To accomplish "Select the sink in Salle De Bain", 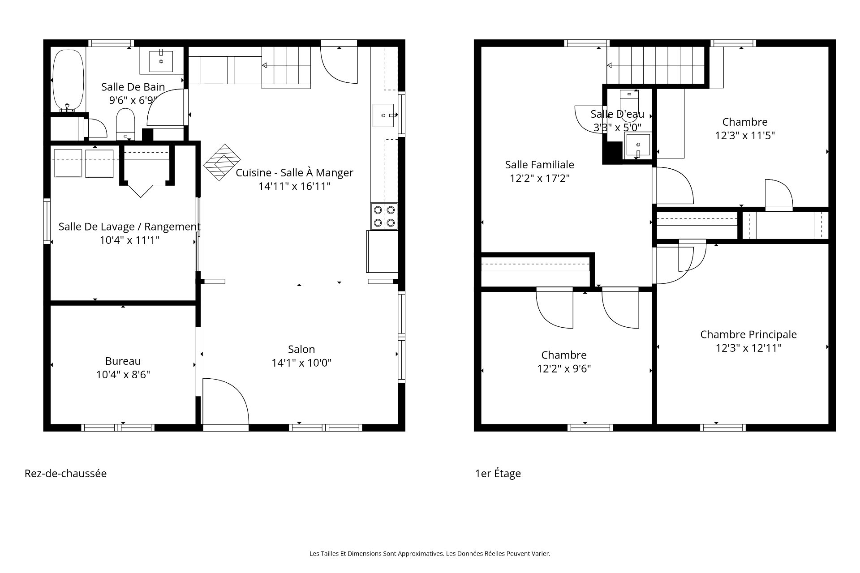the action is coord(161,61).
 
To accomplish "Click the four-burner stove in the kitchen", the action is coord(384,216).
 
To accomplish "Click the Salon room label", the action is coord(301,349).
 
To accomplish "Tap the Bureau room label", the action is coord(123,361).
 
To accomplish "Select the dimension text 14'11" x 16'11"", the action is coord(294,186).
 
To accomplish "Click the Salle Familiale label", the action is coord(540,165).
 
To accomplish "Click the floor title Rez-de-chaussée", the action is coord(65,474).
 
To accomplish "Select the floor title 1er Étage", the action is coord(498,474).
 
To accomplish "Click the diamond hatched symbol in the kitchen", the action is coord(222,162).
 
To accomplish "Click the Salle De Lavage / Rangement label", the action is coord(129,227).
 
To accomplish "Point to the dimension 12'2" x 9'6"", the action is coord(564,369).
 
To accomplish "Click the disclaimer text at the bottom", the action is coord(430,554).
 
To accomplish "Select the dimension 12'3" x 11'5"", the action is coord(745,135).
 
